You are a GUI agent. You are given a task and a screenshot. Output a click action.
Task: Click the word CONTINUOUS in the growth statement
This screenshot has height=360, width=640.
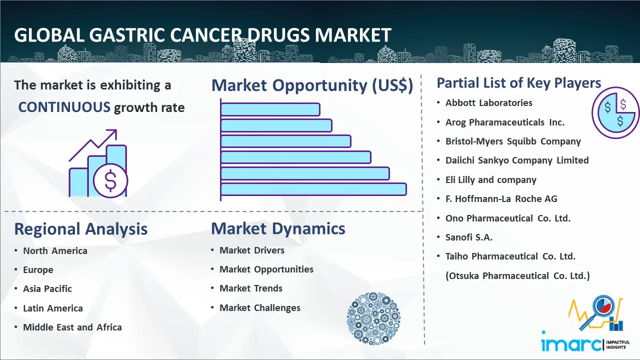click(64, 107)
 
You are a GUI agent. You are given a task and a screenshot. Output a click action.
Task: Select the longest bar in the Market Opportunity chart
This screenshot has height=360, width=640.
click(313, 189)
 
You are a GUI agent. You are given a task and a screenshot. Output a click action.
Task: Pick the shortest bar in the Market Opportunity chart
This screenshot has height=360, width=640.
click(270, 109)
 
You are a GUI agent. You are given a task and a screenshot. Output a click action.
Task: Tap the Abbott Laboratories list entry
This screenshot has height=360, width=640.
click(489, 103)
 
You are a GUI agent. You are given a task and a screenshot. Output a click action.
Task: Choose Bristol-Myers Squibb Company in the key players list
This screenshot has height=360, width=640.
click(513, 141)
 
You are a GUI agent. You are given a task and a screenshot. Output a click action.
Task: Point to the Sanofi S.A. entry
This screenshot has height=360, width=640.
click(469, 237)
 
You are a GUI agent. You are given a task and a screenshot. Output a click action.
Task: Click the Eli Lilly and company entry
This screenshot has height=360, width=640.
click(491, 179)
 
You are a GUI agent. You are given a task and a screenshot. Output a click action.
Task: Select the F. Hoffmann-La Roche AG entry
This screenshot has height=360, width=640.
click(501, 199)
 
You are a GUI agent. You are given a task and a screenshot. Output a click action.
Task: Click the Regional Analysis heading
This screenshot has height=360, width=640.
click(81, 229)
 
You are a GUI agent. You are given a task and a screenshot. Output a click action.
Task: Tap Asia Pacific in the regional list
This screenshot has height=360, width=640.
click(47, 289)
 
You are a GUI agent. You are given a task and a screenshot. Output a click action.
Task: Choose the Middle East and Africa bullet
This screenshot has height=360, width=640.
click(72, 327)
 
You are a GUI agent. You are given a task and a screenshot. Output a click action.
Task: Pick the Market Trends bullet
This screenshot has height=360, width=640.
click(251, 288)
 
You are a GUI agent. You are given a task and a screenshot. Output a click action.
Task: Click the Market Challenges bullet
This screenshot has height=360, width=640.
click(260, 307)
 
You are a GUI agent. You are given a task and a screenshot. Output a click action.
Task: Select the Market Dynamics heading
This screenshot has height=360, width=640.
click(278, 228)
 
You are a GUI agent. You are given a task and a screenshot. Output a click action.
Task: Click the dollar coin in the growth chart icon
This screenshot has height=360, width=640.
click(110, 181)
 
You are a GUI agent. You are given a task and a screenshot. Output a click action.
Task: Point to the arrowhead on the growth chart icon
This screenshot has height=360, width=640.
click(112, 133)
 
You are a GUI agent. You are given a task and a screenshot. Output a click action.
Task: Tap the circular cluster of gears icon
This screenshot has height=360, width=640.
click(373, 318)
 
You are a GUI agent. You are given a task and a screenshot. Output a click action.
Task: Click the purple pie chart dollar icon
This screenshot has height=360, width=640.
click(615, 112)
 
